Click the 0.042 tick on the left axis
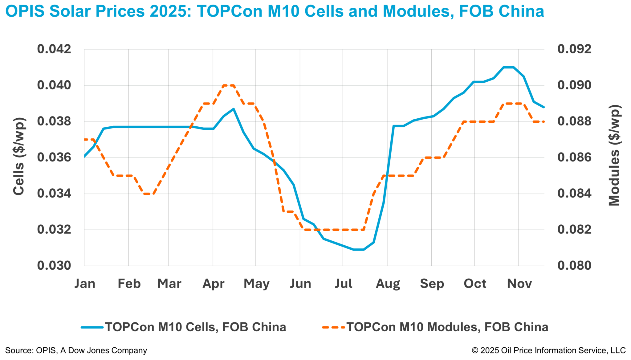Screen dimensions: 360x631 coord(54,49)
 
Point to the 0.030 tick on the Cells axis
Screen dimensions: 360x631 coord(54,266)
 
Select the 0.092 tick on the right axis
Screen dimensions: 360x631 coord(574,49)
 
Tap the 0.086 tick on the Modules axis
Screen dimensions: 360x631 coord(574,157)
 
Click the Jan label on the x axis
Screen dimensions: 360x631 coord(85,284)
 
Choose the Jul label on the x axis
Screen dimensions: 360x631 coord(343,284)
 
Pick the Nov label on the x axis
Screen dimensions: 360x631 coord(519,284)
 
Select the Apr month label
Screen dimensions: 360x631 coord(213,284)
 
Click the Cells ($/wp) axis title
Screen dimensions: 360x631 coord(19,156)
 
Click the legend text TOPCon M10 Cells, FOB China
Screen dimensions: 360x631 coord(195,327)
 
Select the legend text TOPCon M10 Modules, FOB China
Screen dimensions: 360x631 coord(447,327)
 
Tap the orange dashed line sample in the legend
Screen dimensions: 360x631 coord(334,327)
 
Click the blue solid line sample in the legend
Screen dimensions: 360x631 coord(92,327)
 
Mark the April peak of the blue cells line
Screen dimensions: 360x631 coord(234,109)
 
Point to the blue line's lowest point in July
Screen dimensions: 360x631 coord(359,249)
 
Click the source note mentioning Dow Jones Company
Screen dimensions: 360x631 coord(76,350)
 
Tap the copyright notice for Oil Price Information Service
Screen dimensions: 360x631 coord(548,350)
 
